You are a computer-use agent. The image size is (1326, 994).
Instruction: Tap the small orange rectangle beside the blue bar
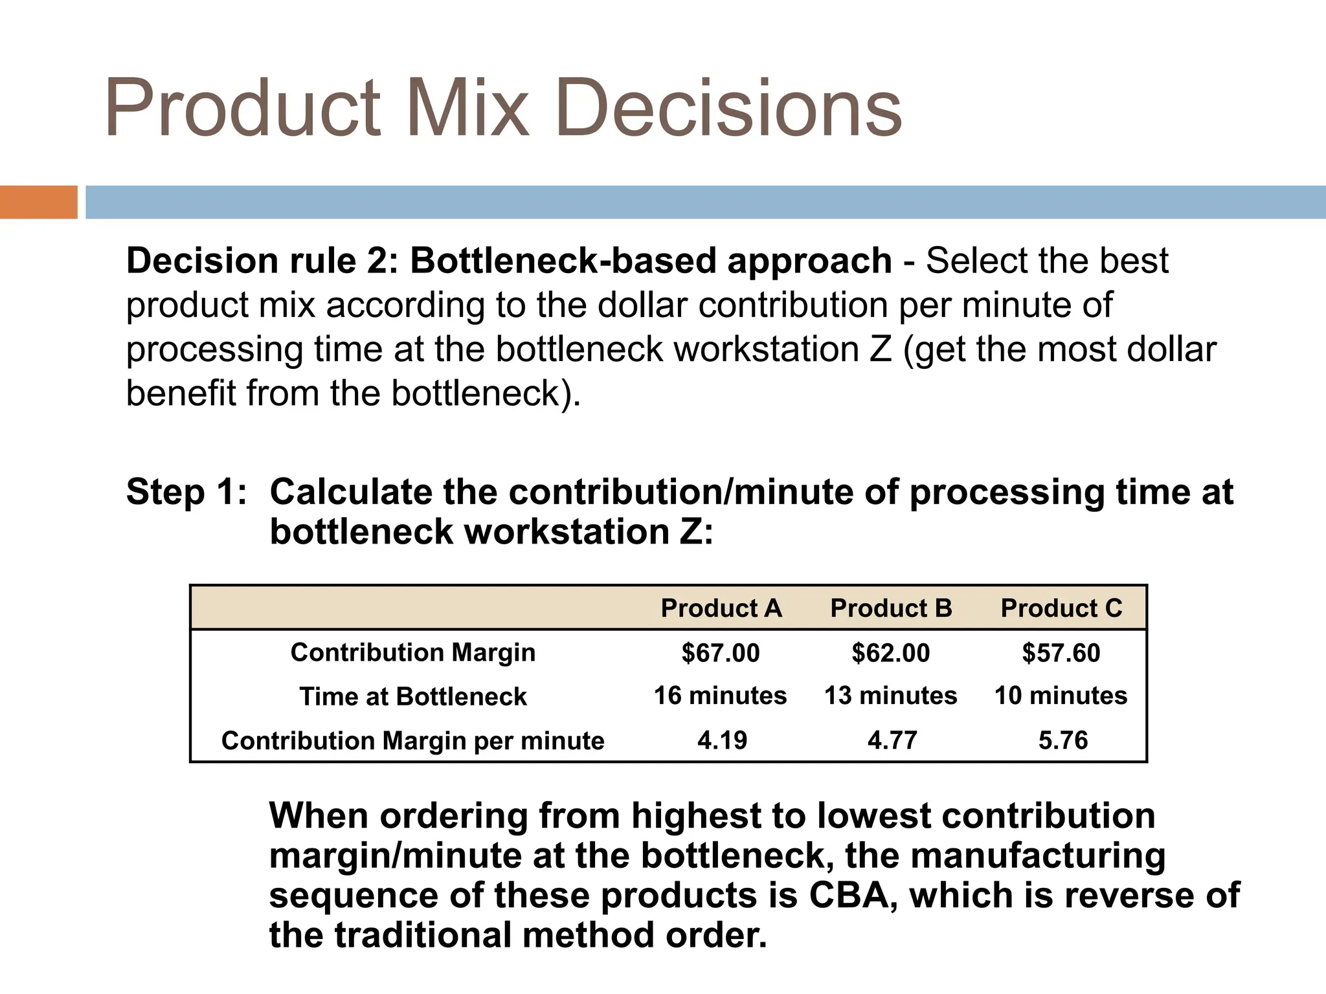coord(38,202)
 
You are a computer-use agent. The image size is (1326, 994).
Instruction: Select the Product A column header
coord(721,608)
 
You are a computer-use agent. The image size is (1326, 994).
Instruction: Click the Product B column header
coord(891,608)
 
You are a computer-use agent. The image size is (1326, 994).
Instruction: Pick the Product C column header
coord(1061,608)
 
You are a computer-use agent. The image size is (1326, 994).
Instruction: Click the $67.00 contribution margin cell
coord(721,652)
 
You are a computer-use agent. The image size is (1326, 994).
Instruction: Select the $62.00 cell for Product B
coord(891,652)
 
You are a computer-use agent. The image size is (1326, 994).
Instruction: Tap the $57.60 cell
coord(1061,652)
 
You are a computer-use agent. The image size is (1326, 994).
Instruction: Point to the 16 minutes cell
coord(720,696)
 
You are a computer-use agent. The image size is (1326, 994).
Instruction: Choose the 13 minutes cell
coord(890,696)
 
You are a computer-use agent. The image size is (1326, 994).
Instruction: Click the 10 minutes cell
coord(1061,696)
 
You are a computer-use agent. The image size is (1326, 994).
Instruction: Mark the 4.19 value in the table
coord(722,740)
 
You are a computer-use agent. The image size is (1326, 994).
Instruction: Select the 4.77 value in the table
coord(892,740)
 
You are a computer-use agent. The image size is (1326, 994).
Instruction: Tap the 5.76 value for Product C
coord(1063,740)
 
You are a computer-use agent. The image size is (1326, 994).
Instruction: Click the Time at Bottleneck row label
coord(413,697)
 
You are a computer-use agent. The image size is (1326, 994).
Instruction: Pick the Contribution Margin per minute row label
coord(412,740)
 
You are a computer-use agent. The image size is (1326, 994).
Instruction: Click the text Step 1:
coord(186,492)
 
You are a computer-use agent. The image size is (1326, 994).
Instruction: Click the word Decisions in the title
coord(728,107)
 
